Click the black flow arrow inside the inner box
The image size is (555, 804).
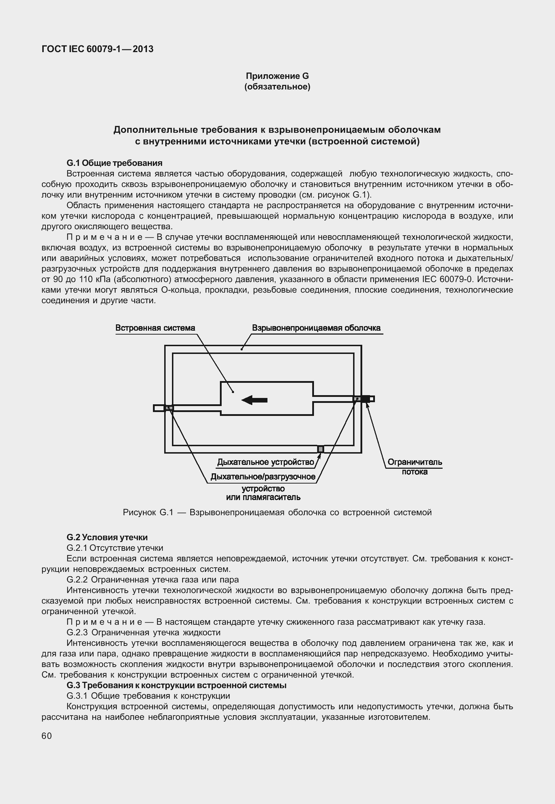tap(254, 400)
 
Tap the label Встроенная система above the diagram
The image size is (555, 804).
tap(155, 328)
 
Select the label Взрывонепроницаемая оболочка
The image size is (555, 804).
tap(316, 328)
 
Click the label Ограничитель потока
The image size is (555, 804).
tap(414, 467)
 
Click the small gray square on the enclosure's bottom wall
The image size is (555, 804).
tap(321, 449)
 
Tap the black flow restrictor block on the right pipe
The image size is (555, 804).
tap(365, 399)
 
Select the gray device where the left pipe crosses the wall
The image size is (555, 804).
tap(169, 408)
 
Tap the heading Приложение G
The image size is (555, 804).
tap(277, 76)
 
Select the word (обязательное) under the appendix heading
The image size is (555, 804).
tap(277, 87)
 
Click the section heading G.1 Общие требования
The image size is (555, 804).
tap(115, 163)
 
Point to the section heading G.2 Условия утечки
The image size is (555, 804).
tap(107, 537)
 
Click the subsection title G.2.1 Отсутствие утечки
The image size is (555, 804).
tap(115, 548)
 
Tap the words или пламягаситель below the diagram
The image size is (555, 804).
tap(263, 497)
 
